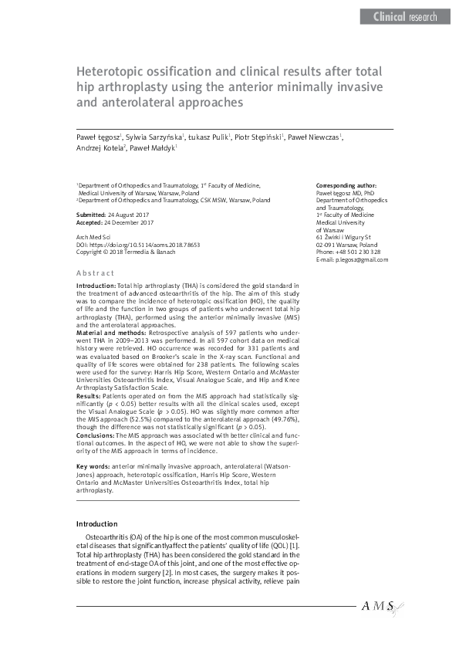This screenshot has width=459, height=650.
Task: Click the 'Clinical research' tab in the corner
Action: pyautogui.click(x=404, y=16)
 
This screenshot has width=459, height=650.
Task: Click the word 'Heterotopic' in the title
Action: pyautogui.click(x=112, y=72)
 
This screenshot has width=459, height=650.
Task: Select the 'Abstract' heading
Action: pyautogui.click(x=95, y=273)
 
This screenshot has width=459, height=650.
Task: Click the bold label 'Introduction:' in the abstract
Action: pyautogui.click(x=96, y=286)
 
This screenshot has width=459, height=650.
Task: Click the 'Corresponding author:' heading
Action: pyautogui.click(x=346, y=186)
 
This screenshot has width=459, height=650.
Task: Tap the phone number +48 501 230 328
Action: pyautogui.click(x=354, y=252)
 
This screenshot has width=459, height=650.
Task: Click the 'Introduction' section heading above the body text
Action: pyautogui.click(x=97, y=523)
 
